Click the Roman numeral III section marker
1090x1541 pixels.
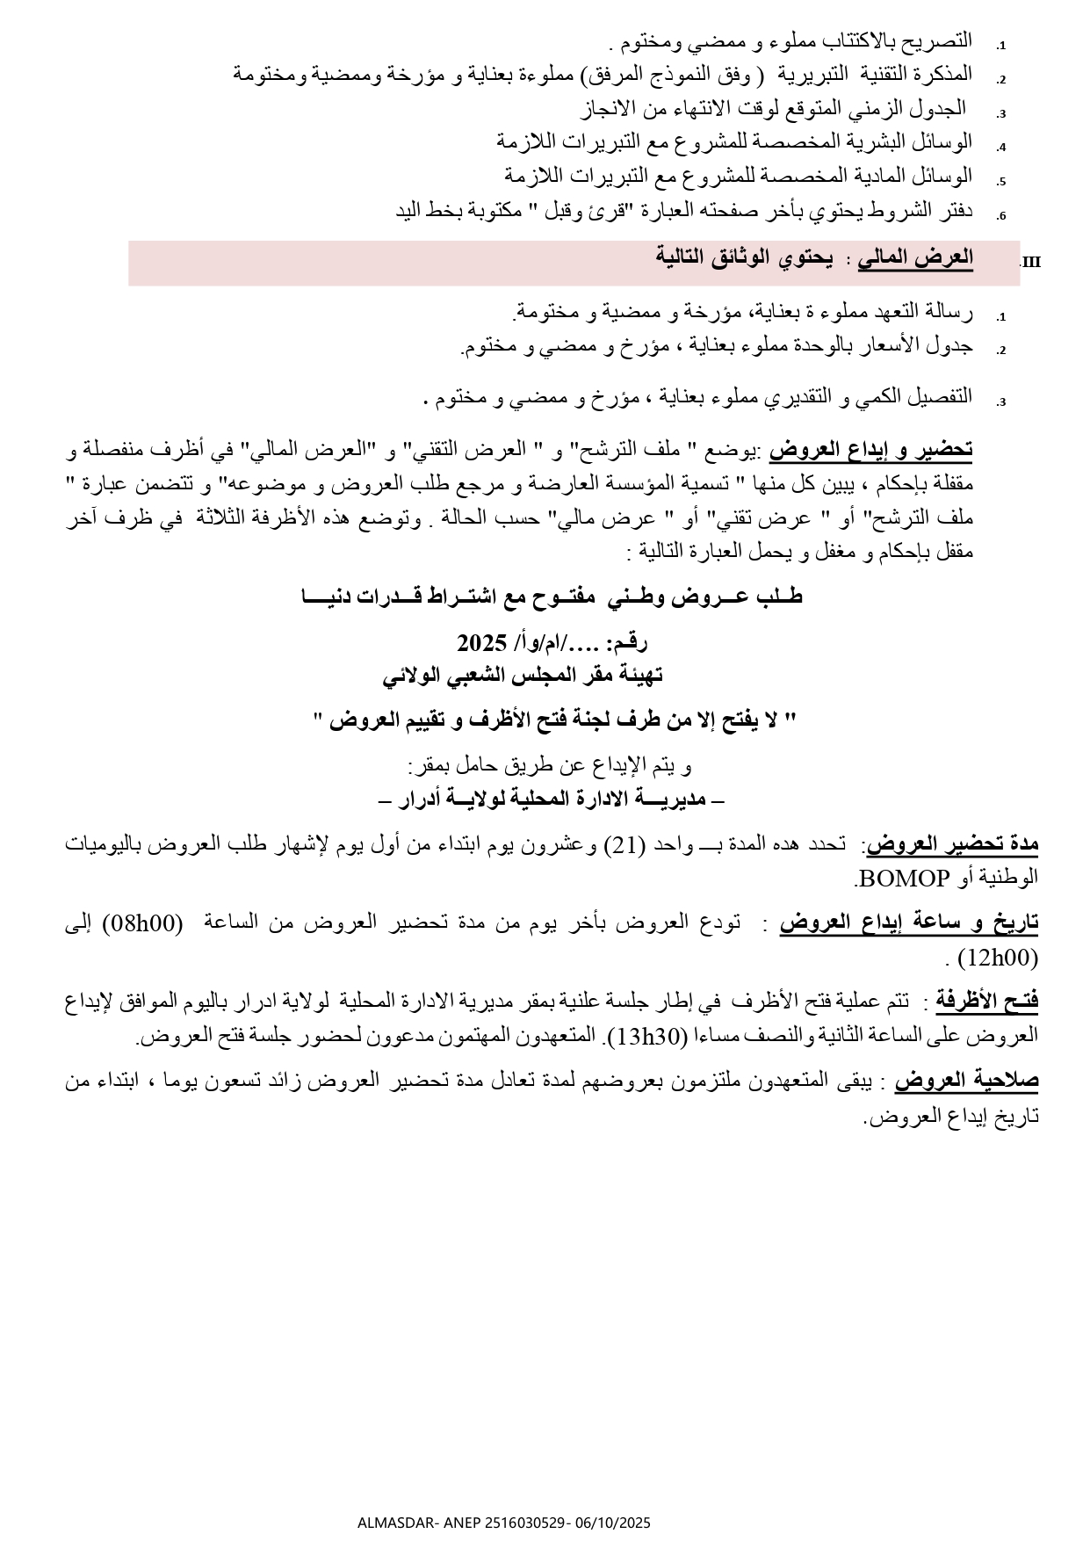(x=1031, y=262)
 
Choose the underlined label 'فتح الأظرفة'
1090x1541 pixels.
(x=986, y=1000)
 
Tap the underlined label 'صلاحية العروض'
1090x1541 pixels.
(x=967, y=1081)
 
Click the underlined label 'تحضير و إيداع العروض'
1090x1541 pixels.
(x=871, y=451)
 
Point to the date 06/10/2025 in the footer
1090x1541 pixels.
(x=613, y=1523)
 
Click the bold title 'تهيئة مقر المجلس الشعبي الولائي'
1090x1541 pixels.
(x=523, y=676)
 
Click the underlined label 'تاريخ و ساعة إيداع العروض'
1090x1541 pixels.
(x=909, y=922)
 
